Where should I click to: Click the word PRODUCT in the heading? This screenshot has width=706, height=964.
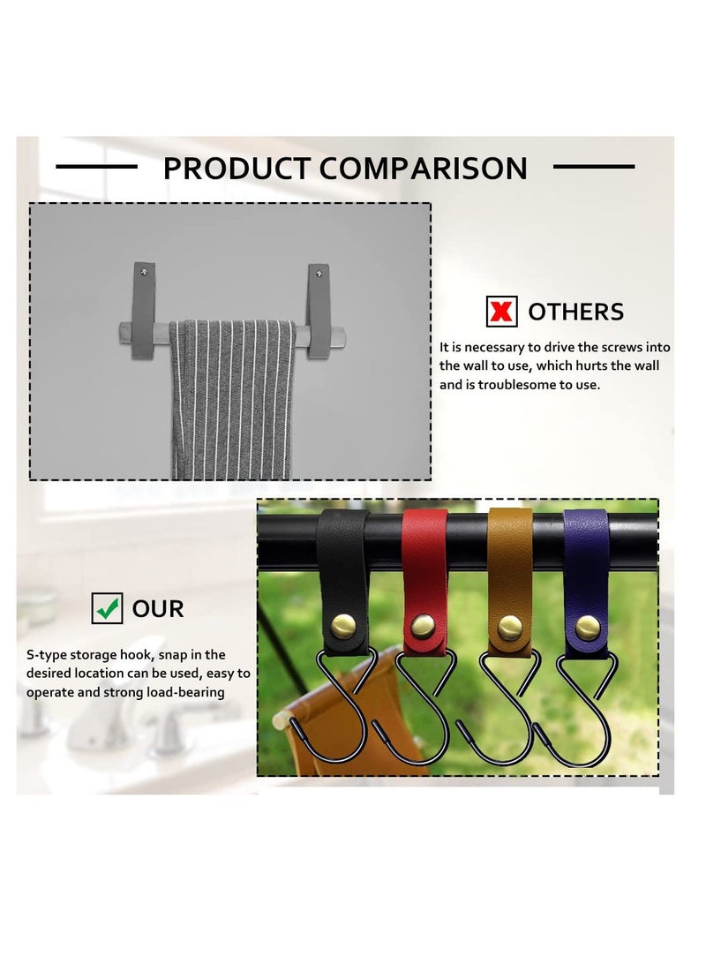pyautogui.click(x=237, y=169)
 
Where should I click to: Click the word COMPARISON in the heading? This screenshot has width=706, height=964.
pyautogui.click(x=424, y=169)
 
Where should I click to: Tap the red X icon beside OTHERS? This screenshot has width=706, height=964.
pyautogui.click(x=501, y=311)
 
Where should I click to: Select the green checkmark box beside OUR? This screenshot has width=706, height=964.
pyautogui.click(x=107, y=608)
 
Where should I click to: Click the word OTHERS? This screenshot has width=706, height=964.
pyautogui.click(x=575, y=312)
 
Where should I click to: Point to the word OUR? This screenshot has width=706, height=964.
pyautogui.click(x=158, y=608)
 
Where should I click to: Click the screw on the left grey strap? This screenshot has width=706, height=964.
pyautogui.click(x=144, y=272)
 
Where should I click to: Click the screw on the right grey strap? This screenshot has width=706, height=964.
pyautogui.click(x=319, y=274)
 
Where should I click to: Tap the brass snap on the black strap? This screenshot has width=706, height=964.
pyautogui.click(x=343, y=626)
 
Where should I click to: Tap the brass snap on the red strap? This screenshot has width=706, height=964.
pyautogui.click(x=423, y=626)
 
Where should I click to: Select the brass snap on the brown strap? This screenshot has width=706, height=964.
pyautogui.click(x=509, y=627)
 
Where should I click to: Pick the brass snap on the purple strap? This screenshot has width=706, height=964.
pyautogui.click(x=588, y=628)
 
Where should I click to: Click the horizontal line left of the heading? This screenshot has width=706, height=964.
pyautogui.click(x=96, y=166)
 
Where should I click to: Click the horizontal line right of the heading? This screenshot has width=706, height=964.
pyautogui.click(x=594, y=166)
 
